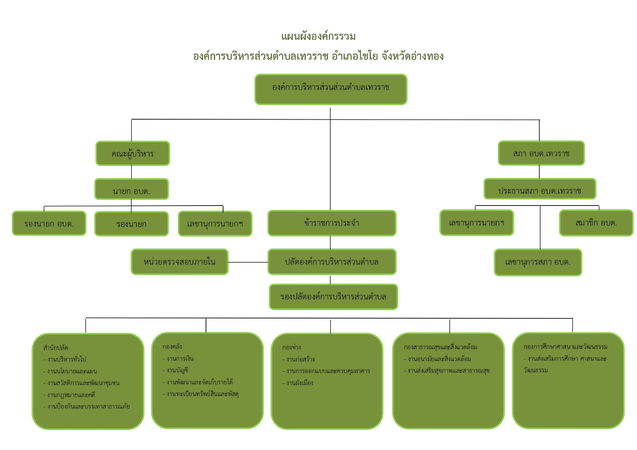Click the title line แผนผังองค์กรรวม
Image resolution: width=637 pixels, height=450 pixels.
pos(318,37)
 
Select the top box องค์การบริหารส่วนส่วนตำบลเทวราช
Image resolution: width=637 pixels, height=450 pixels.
pos(331,89)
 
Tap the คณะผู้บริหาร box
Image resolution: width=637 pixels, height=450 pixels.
pos(133,153)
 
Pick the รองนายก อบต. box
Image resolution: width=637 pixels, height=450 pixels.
pos(49,223)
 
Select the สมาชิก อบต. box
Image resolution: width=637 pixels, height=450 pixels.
pos(596,223)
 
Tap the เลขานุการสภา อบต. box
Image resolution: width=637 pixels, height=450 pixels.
pos(538,262)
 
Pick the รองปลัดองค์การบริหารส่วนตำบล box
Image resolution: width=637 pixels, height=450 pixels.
pos(333,297)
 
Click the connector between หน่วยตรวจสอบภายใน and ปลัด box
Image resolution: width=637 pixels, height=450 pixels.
pos(248,262)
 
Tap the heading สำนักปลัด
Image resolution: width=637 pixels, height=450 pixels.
pos(56,348)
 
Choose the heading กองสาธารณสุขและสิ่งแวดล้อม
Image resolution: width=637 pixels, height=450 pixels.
pos(440,347)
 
